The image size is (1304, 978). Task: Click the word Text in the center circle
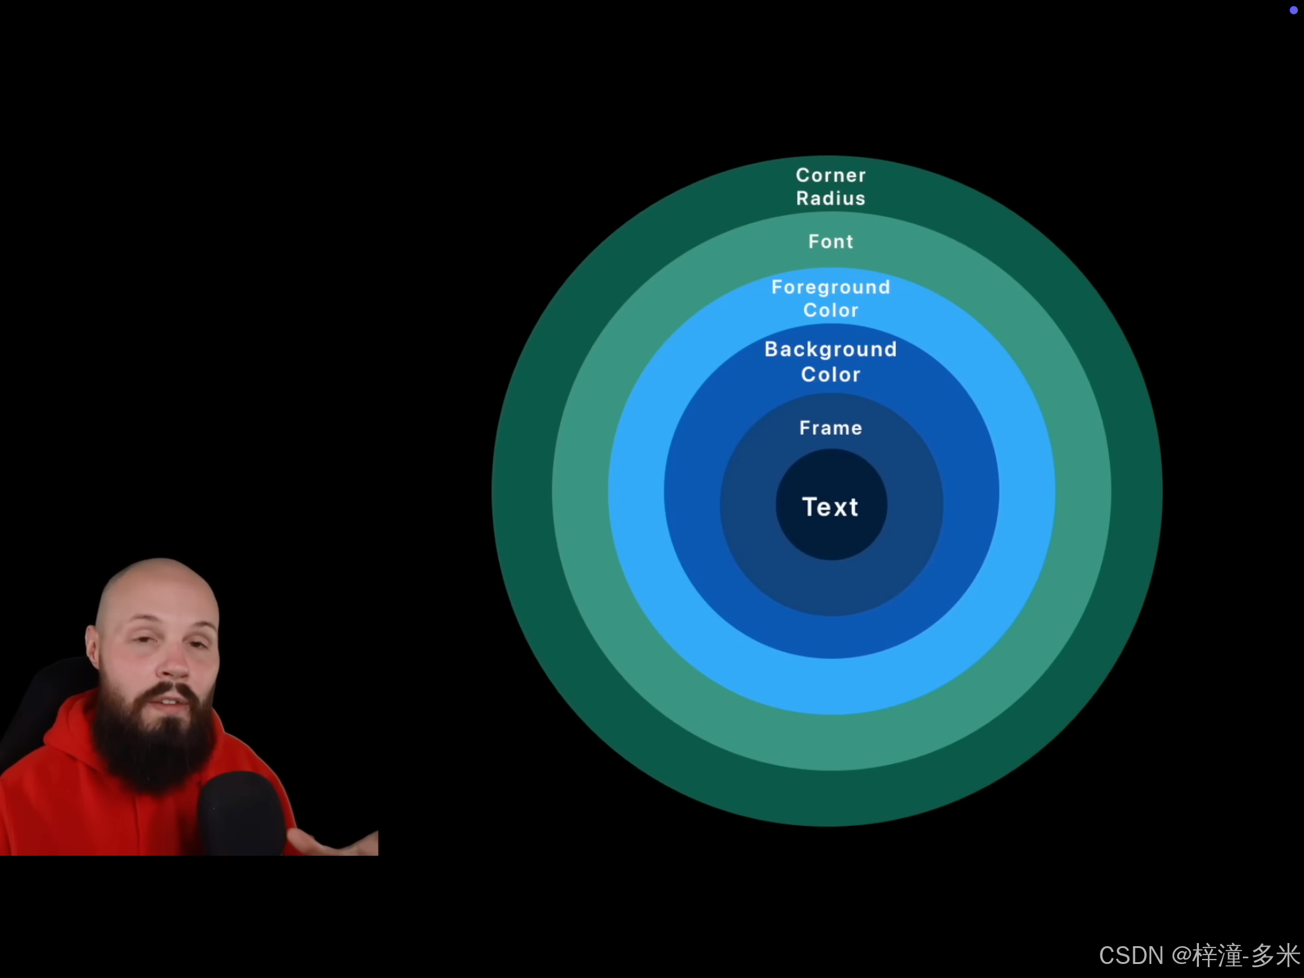pos(830,507)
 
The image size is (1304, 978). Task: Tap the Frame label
pos(831,428)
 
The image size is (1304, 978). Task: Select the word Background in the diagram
pos(830,349)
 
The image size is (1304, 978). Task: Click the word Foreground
pos(830,287)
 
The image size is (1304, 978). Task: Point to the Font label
pos(831,241)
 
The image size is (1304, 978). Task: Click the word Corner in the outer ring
pos(831,175)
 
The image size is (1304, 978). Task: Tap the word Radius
pos(831,198)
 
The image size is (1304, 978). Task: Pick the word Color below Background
pos(831,374)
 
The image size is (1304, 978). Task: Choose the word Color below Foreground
pos(831,310)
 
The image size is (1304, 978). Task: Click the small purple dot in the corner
pos(1293,10)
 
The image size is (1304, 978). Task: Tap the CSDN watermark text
pos(1131,955)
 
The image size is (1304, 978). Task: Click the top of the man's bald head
pos(159,570)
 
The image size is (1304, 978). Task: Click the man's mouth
pos(172,700)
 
